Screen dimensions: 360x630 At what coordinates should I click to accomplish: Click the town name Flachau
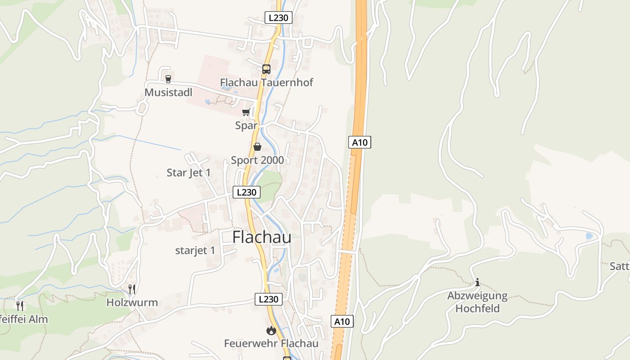point(261,238)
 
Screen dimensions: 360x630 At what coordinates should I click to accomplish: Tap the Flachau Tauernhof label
point(266,82)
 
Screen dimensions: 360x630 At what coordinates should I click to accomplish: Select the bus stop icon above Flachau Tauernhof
point(266,69)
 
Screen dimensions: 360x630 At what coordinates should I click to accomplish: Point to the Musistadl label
point(168,92)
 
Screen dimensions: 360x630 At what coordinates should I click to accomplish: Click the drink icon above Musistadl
point(168,79)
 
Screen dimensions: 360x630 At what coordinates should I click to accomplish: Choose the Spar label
point(246,126)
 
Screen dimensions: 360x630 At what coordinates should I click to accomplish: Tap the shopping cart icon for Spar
point(246,112)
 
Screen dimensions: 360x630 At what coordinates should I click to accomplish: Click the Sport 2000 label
point(257,160)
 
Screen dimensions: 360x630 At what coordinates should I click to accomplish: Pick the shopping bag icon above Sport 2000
point(257,147)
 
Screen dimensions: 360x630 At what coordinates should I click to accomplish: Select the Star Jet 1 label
point(189,173)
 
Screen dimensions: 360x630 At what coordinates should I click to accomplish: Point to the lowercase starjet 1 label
point(195,251)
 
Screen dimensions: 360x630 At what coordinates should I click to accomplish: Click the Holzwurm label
point(132,302)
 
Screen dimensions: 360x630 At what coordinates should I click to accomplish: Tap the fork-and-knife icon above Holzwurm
point(132,289)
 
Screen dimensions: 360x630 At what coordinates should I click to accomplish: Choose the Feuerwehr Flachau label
point(271,344)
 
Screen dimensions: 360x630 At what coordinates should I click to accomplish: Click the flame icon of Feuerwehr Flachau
point(271,331)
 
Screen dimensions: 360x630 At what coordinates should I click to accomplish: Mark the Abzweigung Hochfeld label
point(477,302)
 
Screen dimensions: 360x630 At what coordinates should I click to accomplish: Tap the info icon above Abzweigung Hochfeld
point(477,283)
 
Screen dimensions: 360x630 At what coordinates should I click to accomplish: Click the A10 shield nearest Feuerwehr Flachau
point(342,321)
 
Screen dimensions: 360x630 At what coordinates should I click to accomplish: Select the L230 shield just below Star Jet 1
point(246,192)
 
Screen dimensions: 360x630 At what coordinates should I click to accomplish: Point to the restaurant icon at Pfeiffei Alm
point(20,306)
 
